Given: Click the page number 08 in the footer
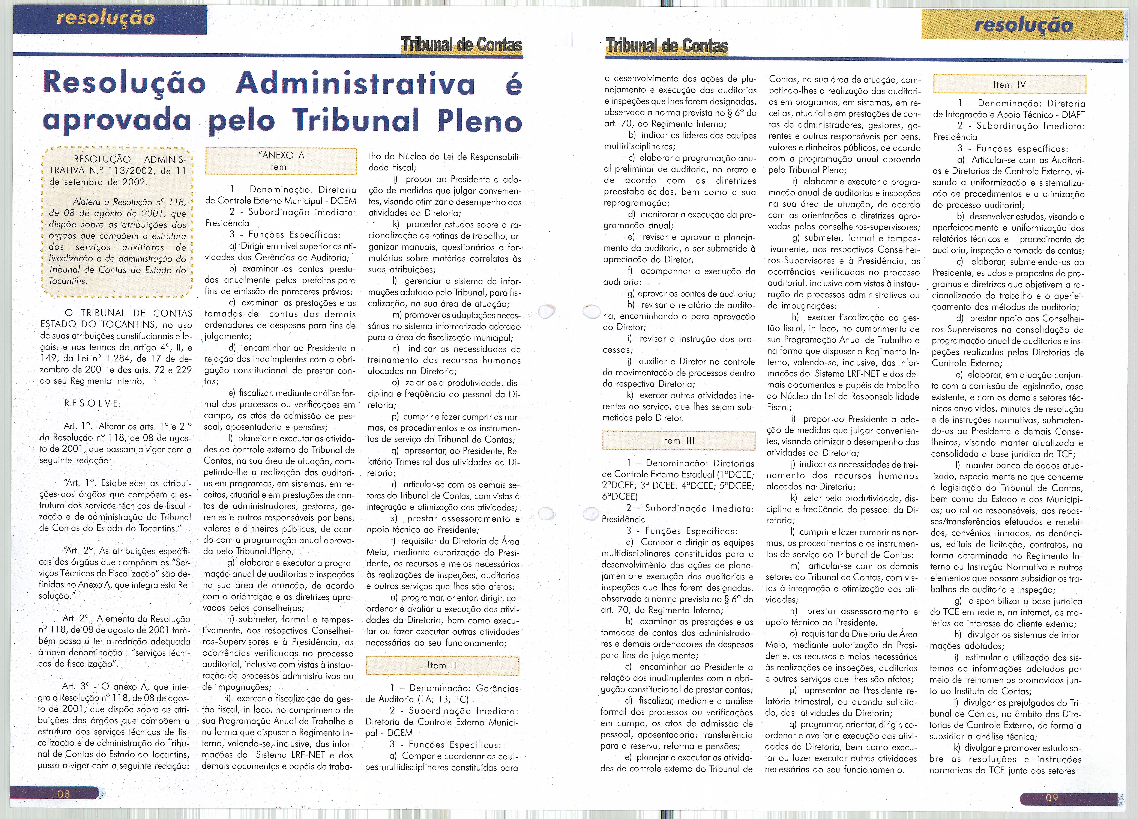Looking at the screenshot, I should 64,793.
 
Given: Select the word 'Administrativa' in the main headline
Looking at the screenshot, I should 355,83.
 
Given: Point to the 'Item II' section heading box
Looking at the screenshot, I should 442,665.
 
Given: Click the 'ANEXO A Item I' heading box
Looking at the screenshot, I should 281,161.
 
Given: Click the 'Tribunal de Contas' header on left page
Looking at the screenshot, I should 462,45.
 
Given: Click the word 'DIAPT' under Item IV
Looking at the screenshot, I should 1070,114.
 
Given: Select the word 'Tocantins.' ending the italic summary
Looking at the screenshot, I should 68,281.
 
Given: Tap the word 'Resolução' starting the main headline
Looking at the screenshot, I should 125,83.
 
